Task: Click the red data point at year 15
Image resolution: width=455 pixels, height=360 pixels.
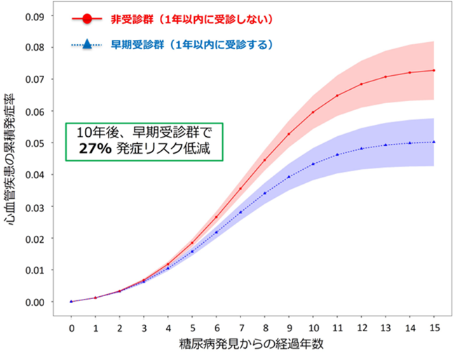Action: [434, 70]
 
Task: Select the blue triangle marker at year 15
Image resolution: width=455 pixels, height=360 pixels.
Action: [434, 142]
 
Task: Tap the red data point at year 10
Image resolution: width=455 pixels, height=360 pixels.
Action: [313, 112]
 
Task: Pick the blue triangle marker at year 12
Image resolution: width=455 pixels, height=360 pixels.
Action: [361, 149]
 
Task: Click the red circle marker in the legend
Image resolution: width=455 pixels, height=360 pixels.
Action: [87, 19]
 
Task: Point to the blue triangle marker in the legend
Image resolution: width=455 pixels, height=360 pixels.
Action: [87, 44]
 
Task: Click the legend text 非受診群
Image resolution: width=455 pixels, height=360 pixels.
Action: [132, 19]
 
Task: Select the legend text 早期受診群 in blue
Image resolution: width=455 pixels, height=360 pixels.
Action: [137, 45]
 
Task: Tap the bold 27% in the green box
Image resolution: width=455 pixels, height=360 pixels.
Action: [95, 149]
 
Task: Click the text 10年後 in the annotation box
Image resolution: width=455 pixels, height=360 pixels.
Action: [97, 133]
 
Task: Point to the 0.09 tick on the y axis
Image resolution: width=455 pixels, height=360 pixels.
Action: [35, 17]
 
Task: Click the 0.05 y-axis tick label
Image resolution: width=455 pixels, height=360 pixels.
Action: [35, 144]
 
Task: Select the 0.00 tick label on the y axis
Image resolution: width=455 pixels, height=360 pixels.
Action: [35, 302]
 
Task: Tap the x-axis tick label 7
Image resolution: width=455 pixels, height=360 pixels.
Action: [241, 328]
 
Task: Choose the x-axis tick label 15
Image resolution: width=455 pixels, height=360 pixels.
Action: [434, 328]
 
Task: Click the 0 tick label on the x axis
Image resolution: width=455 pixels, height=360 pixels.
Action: [72, 328]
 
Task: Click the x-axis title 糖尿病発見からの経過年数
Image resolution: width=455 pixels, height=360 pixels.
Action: [251, 345]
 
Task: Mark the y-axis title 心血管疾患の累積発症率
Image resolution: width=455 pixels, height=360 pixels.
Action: [10, 160]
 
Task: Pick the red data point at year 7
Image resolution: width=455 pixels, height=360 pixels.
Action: [240, 189]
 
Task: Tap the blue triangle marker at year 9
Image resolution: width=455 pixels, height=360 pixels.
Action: [289, 177]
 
